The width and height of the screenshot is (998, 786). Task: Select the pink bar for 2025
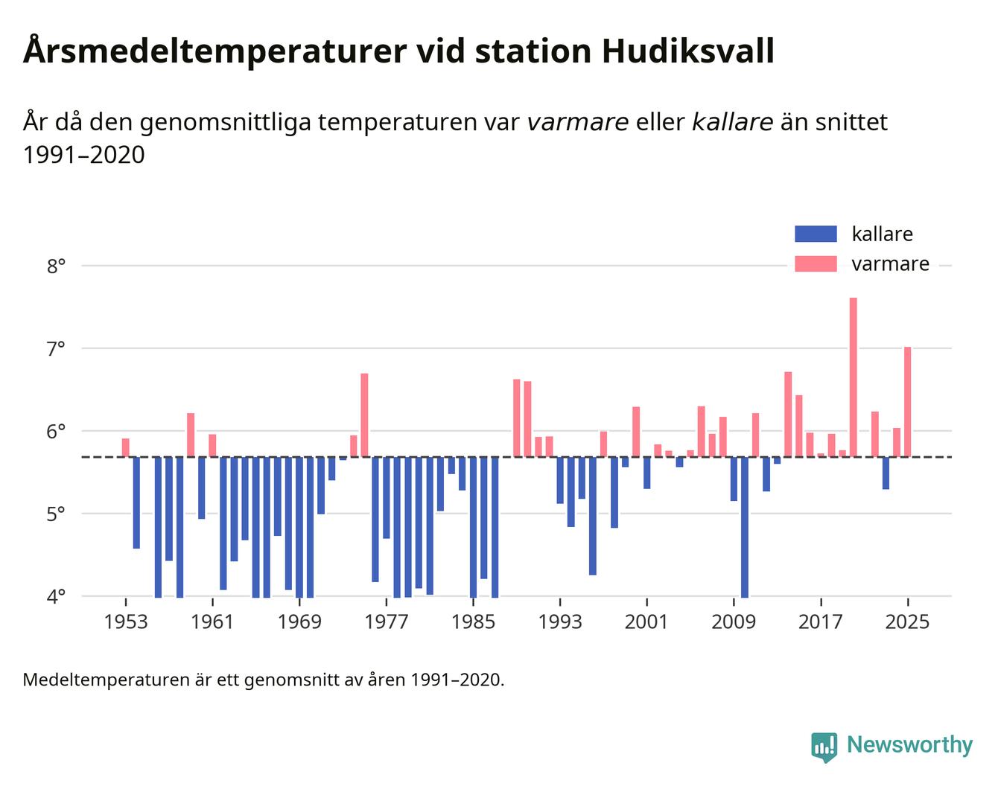click(x=908, y=401)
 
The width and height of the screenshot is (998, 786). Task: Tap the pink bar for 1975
click(x=364, y=415)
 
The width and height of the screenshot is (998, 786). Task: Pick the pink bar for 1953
click(x=126, y=447)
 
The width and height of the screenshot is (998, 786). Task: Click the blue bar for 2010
click(x=745, y=526)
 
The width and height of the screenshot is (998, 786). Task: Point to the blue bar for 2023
click(x=886, y=473)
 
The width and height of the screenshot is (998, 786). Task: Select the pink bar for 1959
click(x=191, y=435)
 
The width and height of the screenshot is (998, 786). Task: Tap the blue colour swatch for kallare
click(x=816, y=234)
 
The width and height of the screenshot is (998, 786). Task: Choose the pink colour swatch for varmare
click(x=816, y=263)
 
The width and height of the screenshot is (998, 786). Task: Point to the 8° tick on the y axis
click(x=57, y=266)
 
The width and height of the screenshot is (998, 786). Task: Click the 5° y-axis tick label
click(x=57, y=514)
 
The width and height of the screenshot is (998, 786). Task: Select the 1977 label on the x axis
click(x=387, y=622)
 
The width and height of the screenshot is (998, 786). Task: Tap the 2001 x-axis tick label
click(x=646, y=622)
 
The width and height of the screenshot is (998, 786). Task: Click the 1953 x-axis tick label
click(x=126, y=622)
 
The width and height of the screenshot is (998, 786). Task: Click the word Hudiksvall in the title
click(x=687, y=51)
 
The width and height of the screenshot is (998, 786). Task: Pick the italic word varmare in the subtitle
click(x=577, y=122)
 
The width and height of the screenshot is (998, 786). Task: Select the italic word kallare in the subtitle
click(x=732, y=122)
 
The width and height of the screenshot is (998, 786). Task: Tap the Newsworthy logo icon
click(x=824, y=747)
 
